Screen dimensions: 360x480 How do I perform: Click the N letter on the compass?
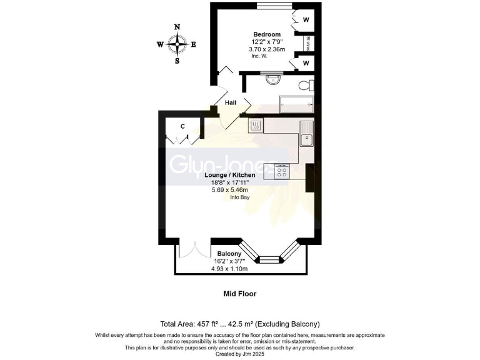[x=177, y=27]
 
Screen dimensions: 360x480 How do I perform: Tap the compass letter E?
[x=194, y=44]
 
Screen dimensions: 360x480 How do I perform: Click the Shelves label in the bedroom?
[x=307, y=44]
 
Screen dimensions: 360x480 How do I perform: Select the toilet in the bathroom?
[x=305, y=85]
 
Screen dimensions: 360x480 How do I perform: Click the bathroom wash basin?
[x=273, y=79]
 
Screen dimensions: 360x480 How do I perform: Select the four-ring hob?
[x=282, y=171]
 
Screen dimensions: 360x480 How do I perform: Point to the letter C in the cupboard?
[x=182, y=126]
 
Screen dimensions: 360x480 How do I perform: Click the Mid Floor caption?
[x=240, y=293]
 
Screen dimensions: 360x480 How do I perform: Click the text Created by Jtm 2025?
[x=240, y=353]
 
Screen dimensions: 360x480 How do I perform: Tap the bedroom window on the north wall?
[x=272, y=7]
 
